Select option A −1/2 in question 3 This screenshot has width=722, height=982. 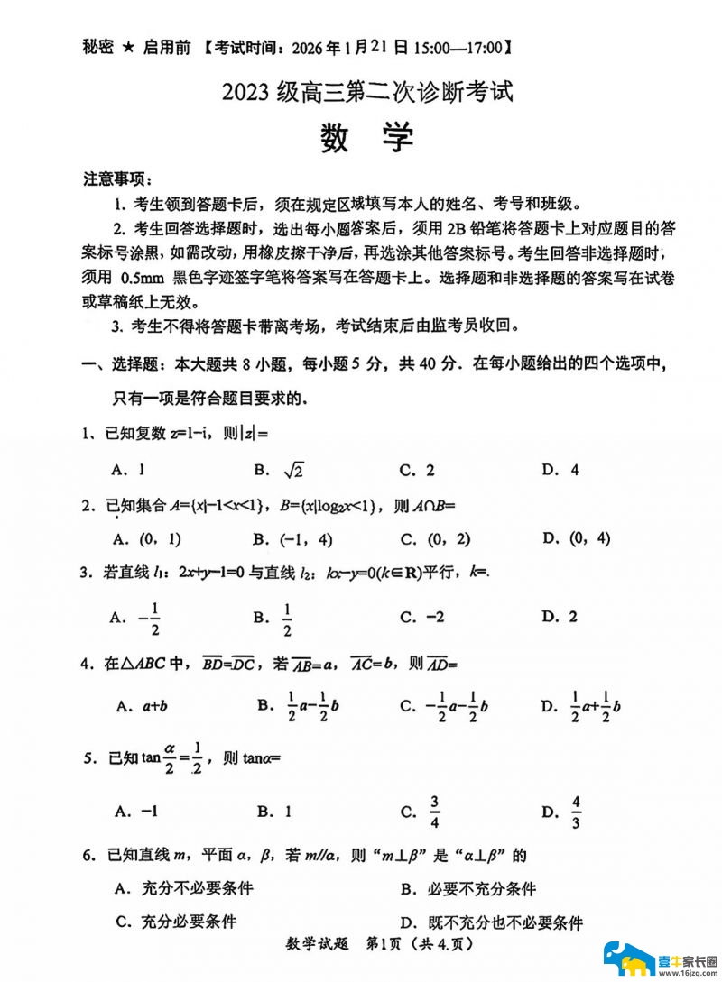pos(135,617)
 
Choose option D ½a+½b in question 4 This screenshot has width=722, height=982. pos(581,705)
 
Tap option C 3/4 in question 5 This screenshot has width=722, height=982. pos(421,812)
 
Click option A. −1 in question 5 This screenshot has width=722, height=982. pos(136,812)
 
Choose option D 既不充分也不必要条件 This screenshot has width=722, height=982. pos(492,922)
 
